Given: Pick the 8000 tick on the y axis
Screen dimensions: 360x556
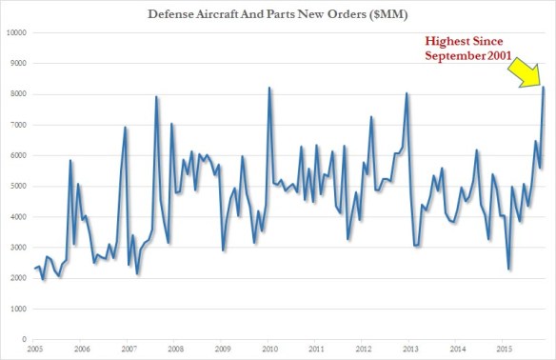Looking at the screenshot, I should [16, 94].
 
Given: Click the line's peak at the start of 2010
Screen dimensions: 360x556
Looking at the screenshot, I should [268, 88].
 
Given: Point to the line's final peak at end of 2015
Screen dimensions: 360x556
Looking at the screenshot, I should [543, 88].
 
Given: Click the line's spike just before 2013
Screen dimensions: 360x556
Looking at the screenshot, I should [407, 93].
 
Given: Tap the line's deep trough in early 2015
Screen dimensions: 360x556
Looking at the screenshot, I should [509, 270].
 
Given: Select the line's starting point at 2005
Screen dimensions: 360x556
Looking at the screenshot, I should [33, 269].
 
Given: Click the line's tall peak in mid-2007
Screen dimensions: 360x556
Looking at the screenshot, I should [156, 96].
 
